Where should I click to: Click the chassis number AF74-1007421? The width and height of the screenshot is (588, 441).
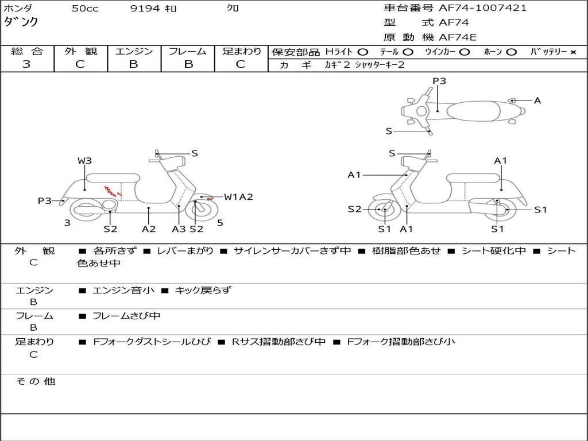(482, 8)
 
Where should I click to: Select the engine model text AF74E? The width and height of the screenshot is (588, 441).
(458, 37)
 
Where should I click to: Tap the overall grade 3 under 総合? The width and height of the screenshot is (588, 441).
(26, 64)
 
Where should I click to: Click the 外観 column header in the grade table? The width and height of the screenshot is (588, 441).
(80, 51)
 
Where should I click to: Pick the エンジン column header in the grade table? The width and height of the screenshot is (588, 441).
(134, 51)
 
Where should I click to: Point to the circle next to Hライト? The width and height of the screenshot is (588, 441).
(363, 52)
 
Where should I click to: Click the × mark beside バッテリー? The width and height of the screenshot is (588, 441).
(573, 52)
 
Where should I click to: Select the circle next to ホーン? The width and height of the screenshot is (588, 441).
(511, 52)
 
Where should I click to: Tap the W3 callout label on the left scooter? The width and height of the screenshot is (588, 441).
(85, 161)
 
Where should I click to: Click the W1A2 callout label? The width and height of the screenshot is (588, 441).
(238, 197)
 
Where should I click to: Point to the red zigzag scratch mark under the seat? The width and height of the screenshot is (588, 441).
(113, 192)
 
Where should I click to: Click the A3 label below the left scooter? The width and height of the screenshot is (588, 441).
(179, 229)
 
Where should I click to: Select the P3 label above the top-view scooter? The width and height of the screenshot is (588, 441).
(439, 81)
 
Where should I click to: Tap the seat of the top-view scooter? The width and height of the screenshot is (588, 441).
(473, 111)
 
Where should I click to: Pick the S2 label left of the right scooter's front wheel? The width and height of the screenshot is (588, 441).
(354, 209)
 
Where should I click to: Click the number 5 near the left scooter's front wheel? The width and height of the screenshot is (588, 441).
(220, 223)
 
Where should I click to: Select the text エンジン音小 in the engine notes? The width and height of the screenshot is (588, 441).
(123, 290)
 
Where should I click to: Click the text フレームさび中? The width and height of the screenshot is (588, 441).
(126, 316)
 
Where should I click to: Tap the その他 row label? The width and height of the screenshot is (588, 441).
(36, 381)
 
